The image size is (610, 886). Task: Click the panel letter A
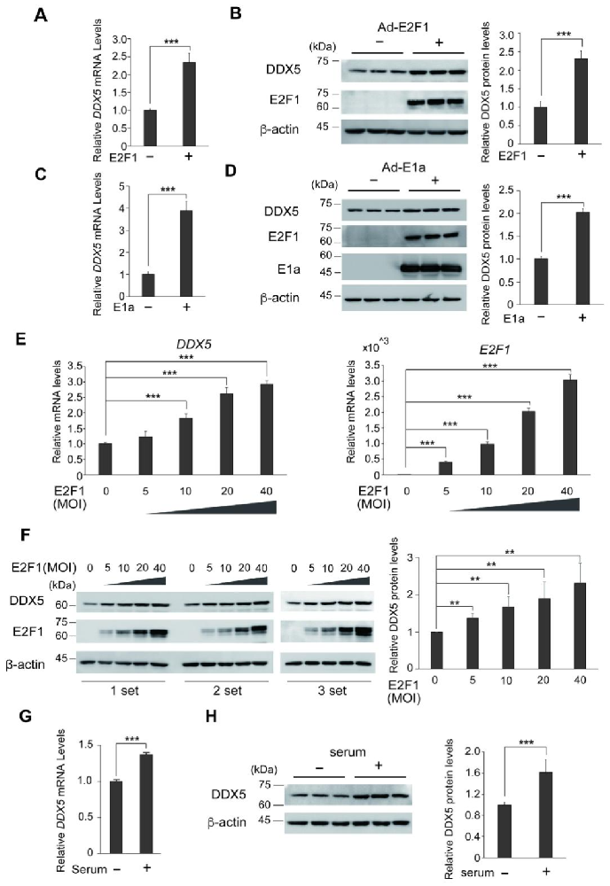[40, 16]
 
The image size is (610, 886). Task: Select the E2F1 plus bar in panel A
[189, 104]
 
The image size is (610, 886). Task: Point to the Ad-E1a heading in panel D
[403, 167]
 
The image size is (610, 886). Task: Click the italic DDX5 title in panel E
[194, 344]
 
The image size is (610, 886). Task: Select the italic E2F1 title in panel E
[495, 350]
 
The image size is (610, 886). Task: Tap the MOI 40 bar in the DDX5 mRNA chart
[266, 430]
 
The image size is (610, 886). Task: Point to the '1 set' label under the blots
[124, 690]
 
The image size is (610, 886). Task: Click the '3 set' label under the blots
[332, 690]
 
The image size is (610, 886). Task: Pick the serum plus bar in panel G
[146, 804]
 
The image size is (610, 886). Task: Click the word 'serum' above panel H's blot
[348, 752]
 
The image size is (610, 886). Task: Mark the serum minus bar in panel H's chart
[504, 831]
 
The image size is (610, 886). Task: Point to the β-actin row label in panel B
[279, 129]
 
